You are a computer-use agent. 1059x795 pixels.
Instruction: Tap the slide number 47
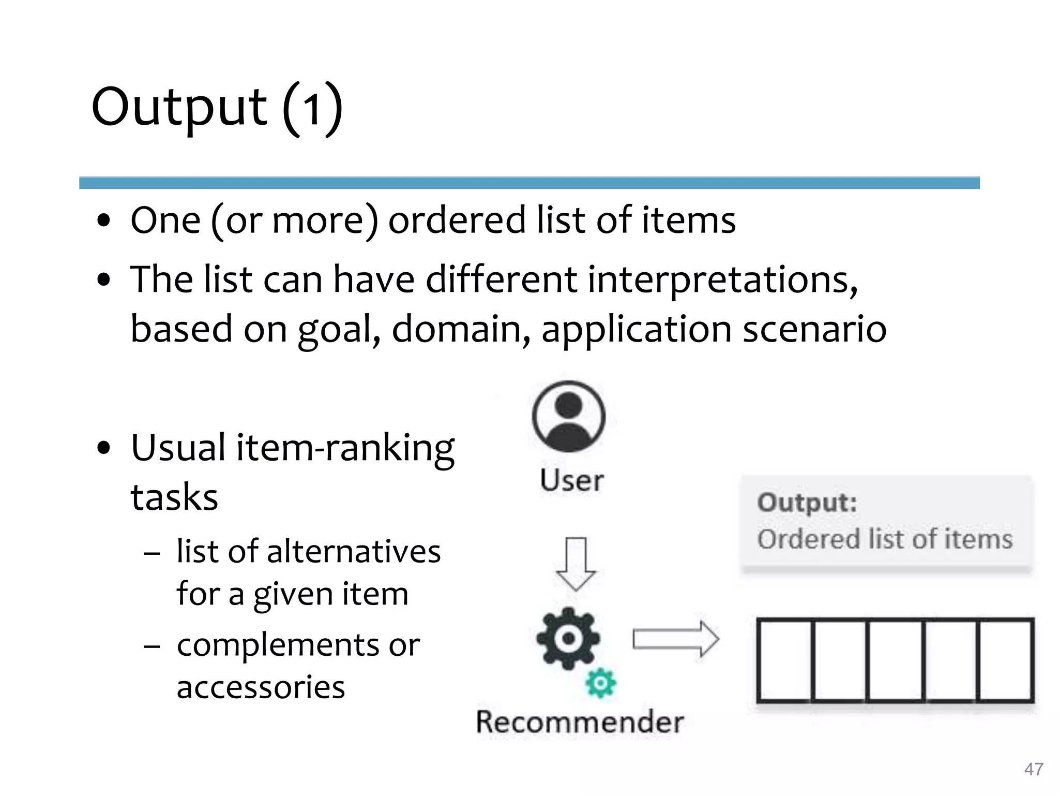[x=1033, y=769]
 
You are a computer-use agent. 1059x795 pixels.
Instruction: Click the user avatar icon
[x=568, y=416]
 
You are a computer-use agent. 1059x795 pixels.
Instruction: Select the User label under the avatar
[x=571, y=480]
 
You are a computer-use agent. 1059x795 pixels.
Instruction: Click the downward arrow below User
[x=576, y=564]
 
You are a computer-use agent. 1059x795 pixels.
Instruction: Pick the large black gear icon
[x=568, y=638]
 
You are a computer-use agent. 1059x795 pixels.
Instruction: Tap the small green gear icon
[x=600, y=683]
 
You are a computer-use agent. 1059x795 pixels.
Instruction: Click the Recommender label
[x=580, y=722]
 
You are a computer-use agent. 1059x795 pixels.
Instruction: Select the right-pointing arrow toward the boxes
[x=675, y=639]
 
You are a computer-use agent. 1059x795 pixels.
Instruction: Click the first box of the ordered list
[x=784, y=660]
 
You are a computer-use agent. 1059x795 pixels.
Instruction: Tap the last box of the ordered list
[x=1006, y=660]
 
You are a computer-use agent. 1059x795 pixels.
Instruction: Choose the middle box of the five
[x=895, y=660]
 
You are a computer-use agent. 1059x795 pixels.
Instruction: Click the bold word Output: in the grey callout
[x=807, y=503]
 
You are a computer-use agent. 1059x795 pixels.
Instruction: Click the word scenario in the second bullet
[x=814, y=329]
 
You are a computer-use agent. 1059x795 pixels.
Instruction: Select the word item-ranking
[x=345, y=448]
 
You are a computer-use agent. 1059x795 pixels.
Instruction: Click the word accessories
[x=261, y=687]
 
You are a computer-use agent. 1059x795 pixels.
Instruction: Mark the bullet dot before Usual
[x=104, y=448]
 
